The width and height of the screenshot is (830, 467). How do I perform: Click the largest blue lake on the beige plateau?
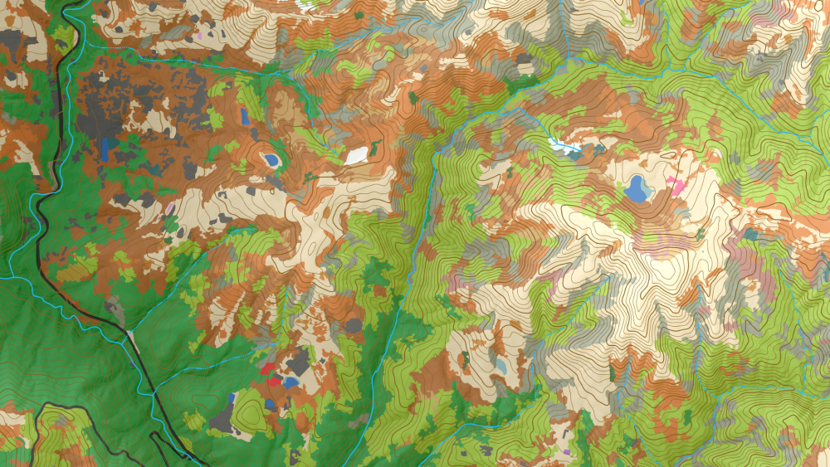click(x=637, y=189)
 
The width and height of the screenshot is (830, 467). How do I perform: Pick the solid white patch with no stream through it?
click(x=357, y=154)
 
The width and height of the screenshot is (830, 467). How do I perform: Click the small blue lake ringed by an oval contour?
click(x=271, y=158)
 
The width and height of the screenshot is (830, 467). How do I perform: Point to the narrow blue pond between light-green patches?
click(x=244, y=116)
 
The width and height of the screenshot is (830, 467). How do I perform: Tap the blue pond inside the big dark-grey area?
click(x=106, y=148)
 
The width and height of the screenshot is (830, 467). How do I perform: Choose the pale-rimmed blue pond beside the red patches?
click(x=290, y=382)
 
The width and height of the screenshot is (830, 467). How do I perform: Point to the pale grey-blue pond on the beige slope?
click(x=501, y=365)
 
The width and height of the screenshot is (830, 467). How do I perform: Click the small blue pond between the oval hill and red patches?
click(x=271, y=404)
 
